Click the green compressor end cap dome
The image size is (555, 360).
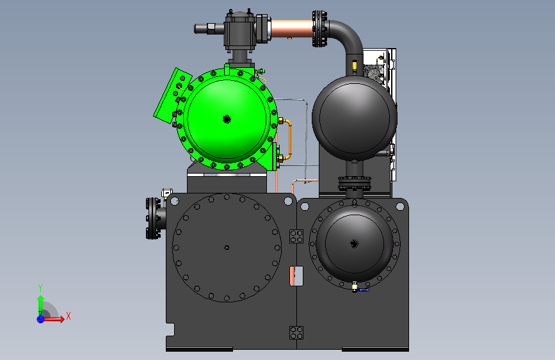[x=227, y=119]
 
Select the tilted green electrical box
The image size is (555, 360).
[x=172, y=95]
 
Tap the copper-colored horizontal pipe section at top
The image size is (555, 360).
[x=292, y=28]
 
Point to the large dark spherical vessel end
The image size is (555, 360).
[x=354, y=119]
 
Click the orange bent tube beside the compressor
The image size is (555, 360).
[x=288, y=139]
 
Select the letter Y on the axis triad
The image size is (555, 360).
[x=40, y=288]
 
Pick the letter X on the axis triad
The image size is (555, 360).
[x=68, y=316]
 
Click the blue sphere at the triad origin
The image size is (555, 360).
[x=41, y=319]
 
